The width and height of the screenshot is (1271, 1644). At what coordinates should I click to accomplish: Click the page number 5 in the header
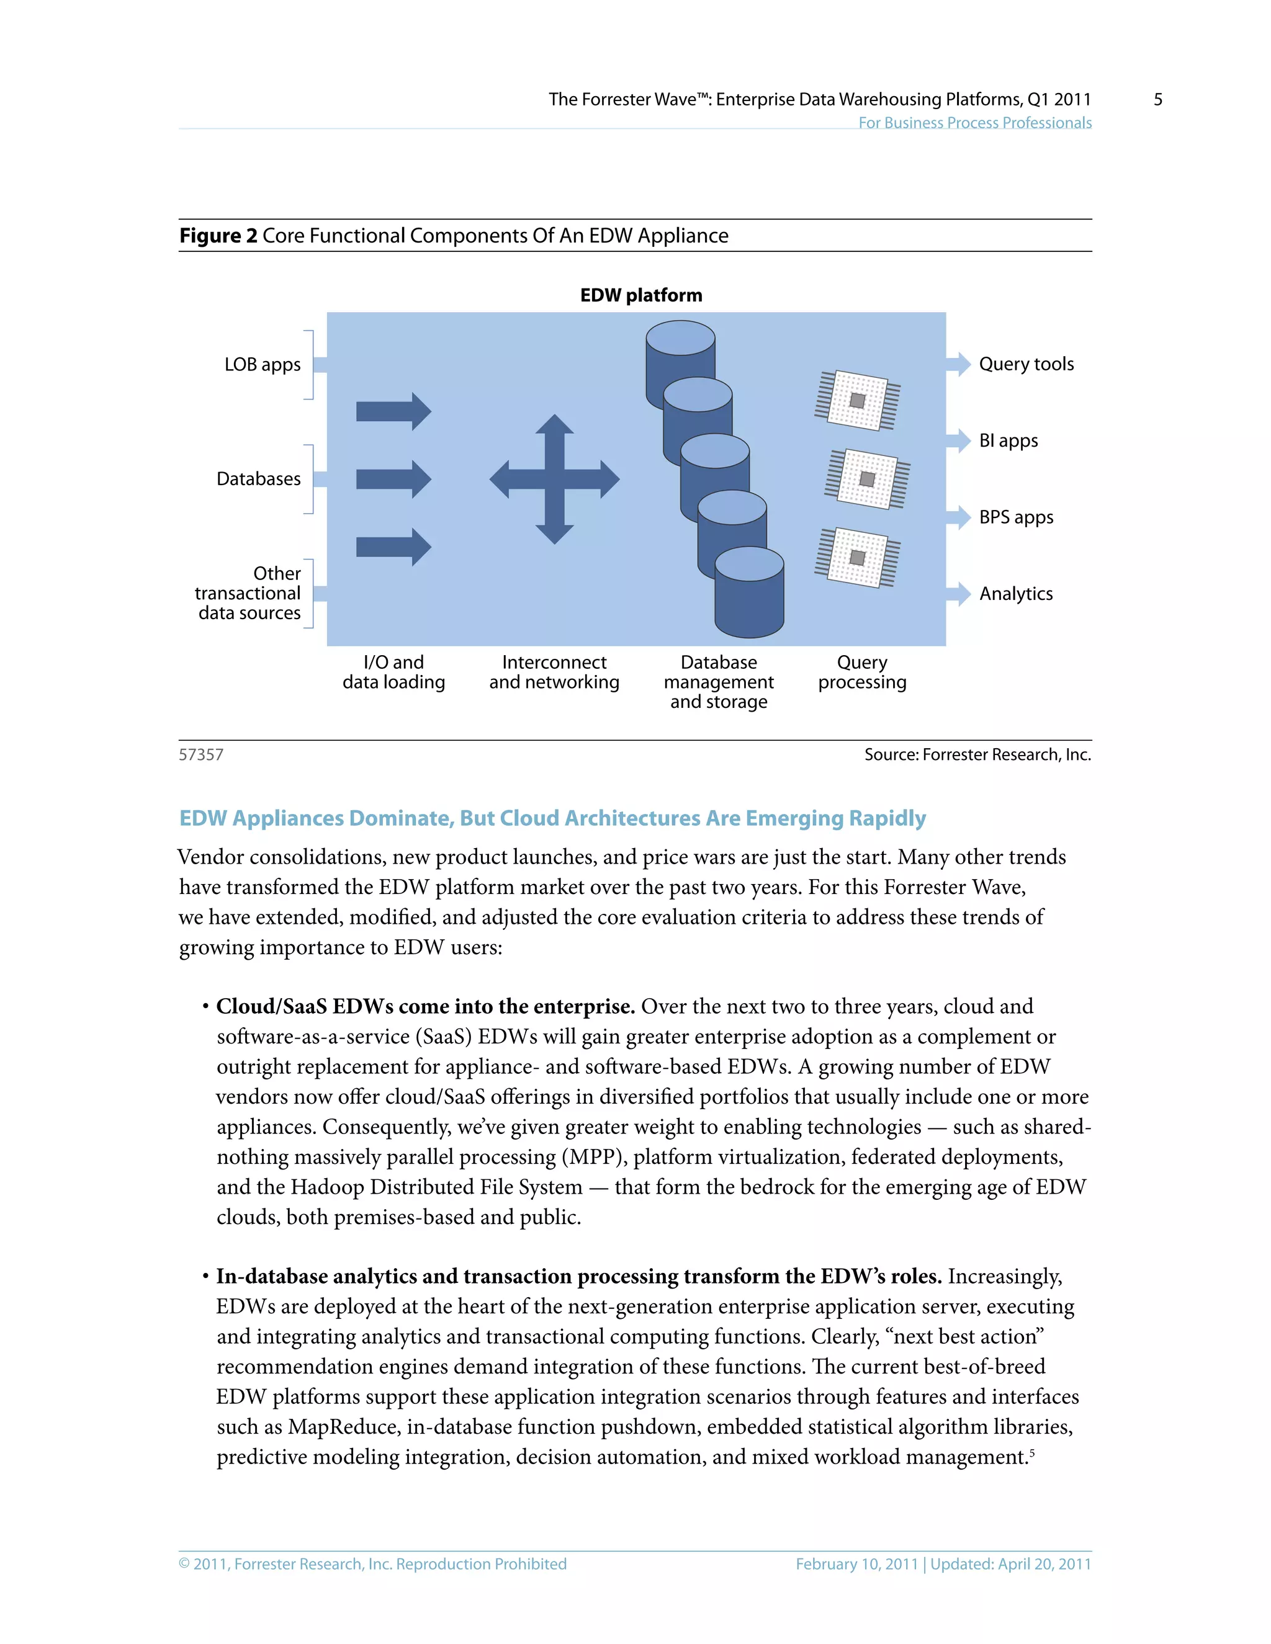(1157, 99)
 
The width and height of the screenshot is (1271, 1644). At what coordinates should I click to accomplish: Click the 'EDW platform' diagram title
(640, 295)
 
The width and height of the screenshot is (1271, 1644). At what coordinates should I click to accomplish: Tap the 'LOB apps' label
(262, 364)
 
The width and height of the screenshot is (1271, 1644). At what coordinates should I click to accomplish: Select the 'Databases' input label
(258, 479)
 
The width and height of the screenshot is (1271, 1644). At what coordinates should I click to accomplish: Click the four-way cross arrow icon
(554, 480)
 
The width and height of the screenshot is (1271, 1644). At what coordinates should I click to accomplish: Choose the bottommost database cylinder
(749, 595)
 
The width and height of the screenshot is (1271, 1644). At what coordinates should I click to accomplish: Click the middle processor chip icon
(866, 480)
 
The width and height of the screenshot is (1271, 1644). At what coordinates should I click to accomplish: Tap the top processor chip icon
(857, 401)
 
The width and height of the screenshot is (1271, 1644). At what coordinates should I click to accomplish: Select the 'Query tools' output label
(1025, 364)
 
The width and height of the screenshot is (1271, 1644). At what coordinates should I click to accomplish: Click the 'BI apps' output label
(1008, 441)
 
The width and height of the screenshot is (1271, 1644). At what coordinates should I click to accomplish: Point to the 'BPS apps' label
(1016, 518)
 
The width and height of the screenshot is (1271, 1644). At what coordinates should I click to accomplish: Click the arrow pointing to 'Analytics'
(958, 594)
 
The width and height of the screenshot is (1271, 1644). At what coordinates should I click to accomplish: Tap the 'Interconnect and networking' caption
(554, 672)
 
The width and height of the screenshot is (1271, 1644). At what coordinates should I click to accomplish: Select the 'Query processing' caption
(862, 672)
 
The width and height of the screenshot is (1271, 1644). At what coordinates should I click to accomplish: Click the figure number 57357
(201, 755)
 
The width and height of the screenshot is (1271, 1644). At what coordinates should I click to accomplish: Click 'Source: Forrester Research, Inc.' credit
(977, 755)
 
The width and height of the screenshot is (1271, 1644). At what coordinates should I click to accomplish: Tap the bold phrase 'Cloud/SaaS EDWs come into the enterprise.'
(425, 1006)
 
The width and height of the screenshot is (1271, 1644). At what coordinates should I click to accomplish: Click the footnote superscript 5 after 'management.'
(1031, 1452)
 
